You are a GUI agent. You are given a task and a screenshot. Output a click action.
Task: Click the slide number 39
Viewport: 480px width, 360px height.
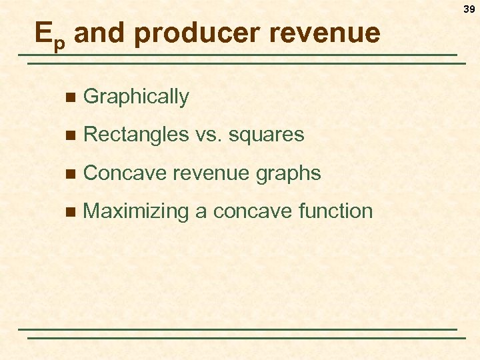[x=469, y=9]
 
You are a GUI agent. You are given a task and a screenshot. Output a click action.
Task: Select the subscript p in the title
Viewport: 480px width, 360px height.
[x=60, y=42]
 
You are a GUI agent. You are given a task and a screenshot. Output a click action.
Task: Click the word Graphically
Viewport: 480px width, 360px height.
[x=137, y=97]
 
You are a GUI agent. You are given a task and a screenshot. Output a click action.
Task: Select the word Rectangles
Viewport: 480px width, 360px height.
[x=137, y=135]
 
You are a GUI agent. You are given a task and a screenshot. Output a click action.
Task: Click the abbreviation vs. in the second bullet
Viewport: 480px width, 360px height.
[x=209, y=135]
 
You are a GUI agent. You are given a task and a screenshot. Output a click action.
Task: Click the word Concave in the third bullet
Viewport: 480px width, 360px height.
[x=126, y=173]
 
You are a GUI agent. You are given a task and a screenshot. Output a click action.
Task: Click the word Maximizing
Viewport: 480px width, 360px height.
[x=137, y=211]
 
